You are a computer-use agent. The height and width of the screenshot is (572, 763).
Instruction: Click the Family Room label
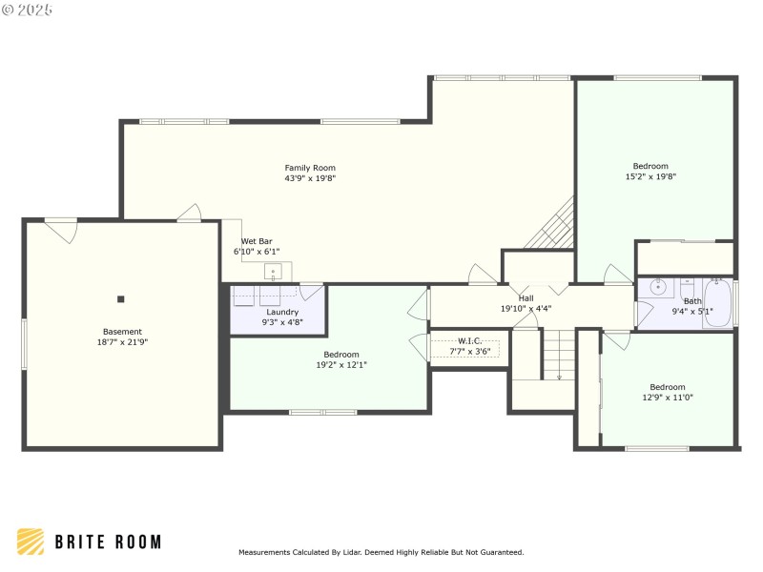tap(310, 168)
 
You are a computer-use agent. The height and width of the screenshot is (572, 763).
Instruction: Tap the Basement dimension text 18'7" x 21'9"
tap(121, 342)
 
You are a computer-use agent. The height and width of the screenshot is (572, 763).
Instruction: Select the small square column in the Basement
tap(121, 299)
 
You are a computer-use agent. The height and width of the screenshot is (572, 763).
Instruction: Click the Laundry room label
tap(282, 312)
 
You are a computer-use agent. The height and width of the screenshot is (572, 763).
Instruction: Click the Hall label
tap(526, 298)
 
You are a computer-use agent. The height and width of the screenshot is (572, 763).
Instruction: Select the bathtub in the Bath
tap(717, 303)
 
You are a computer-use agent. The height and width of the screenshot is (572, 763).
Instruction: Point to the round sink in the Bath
tap(657, 285)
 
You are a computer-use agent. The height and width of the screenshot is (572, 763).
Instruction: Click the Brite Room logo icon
tap(31, 541)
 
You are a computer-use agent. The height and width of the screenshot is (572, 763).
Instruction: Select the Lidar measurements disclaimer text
tap(381, 552)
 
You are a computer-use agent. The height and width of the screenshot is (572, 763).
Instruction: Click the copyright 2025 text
tap(28, 10)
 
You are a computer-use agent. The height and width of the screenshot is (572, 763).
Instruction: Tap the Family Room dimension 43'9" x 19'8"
tap(310, 178)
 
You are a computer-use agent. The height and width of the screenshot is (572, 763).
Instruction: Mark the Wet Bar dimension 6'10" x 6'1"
tap(257, 252)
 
